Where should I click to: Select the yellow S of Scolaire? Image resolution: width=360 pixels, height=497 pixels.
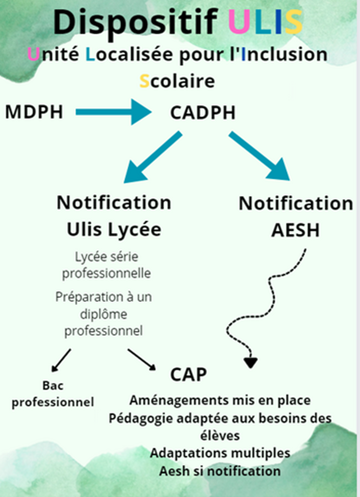pos(144,81)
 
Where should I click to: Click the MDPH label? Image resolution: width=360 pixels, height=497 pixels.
pos(34,112)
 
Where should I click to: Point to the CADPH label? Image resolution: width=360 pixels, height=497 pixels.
pos(203,113)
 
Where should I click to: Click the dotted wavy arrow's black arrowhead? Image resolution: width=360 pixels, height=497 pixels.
pos(250,363)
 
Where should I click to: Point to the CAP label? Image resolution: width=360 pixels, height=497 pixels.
pos(189,375)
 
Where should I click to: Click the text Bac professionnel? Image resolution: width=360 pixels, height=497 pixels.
pos(52,394)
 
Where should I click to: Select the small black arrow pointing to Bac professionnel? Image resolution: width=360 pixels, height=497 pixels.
pos(61,360)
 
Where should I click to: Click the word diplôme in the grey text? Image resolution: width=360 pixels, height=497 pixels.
pos(103,314)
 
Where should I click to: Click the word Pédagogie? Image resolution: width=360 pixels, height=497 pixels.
pos(141,418)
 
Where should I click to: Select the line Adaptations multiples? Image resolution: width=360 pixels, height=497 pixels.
pos(220,453)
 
